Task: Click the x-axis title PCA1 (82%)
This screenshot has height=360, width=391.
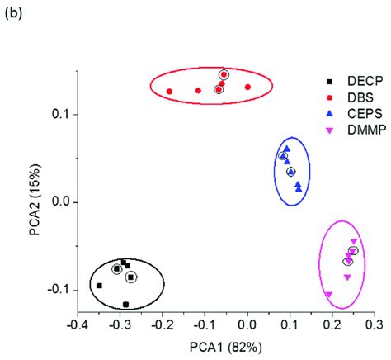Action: [x=225, y=347]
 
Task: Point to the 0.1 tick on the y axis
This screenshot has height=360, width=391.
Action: [x=59, y=113]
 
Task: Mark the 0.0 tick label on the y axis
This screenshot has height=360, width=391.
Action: [x=59, y=201]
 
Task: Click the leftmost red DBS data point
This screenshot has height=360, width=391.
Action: [x=169, y=92]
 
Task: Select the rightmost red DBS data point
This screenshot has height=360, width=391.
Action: [x=247, y=87]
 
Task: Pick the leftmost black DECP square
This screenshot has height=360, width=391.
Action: [x=99, y=286]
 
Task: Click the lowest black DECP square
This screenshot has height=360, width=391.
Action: [x=126, y=305]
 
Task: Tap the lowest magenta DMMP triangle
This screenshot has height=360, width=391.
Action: [x=328, y=295]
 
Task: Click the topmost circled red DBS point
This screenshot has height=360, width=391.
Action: [x=224, y=75]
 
